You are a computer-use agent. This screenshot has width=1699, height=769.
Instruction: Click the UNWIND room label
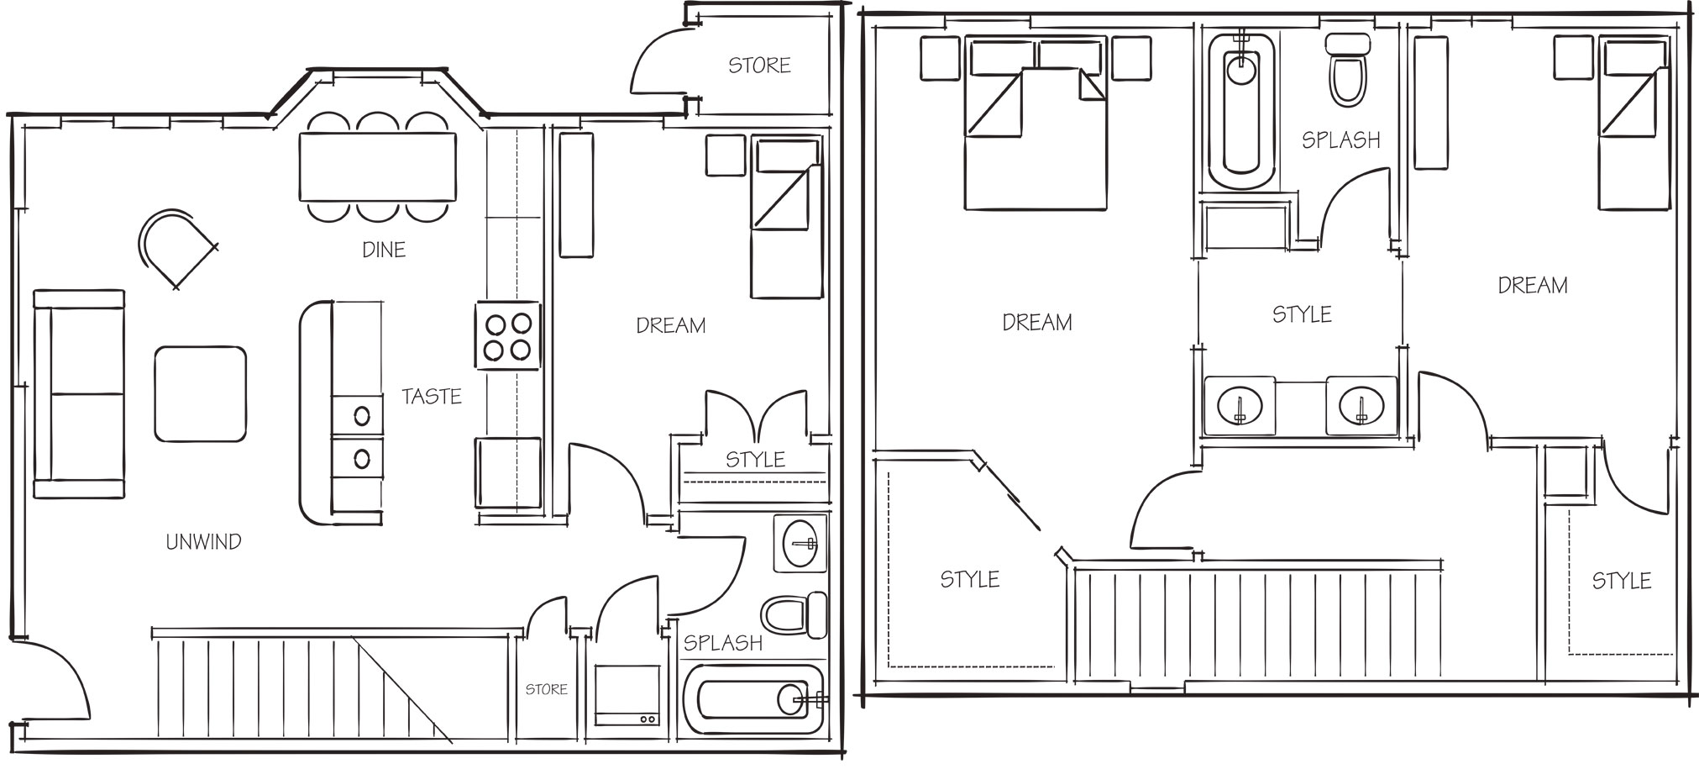pyautogui.click(x=203, y=542)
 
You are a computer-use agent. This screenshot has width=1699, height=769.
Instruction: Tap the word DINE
pyautogui.click(x=384, y=250)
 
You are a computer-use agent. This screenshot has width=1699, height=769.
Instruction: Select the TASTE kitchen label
pyautogui.click(x=432, y=396)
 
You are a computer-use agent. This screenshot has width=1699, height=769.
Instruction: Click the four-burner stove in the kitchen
pyautogui.click(x=508, y=335)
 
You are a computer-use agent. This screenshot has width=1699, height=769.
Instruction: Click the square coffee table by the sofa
pyautogui.click(x=200, y=393)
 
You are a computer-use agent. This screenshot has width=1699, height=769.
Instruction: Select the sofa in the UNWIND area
pyautogui.click(x=79, y=394)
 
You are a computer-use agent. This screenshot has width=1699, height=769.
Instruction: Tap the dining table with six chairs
pyautogui.click(x=378, y=167)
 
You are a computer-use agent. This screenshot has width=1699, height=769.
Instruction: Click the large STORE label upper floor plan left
pyautogui.click(x=759, y=66)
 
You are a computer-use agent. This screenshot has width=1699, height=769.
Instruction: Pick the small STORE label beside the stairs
pyautogui.click(x=547, y=689)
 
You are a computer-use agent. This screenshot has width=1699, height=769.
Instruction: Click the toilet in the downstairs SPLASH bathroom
pyautogui.click(x=794, y=615)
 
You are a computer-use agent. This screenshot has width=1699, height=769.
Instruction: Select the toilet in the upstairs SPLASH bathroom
pyautogui.click(x=1348, y=69)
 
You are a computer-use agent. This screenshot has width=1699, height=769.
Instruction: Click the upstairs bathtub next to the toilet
pyautogui.click(x=1241, y=109)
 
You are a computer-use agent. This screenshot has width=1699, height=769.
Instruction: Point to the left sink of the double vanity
pyautogui.click(x=1239, y=406)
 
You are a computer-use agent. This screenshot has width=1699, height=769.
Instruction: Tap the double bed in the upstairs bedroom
pyautogui.click(x=1034, y=123)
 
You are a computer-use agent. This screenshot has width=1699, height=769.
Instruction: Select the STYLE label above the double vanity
pyautogui.click(x=1302, y=314)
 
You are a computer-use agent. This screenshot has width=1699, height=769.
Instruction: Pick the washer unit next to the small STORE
pyautogui.click(x=627, y=695)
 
